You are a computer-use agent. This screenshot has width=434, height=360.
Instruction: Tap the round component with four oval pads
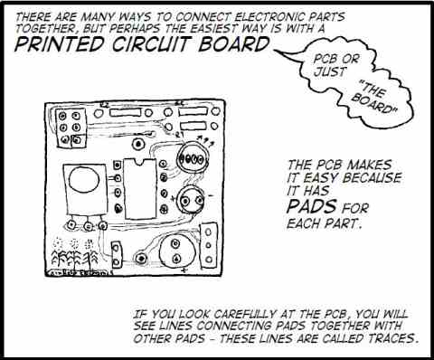pyautogui.click(x=193, y=156)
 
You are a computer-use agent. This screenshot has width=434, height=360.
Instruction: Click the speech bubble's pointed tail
pyautogui.click(x=276, y=48)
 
